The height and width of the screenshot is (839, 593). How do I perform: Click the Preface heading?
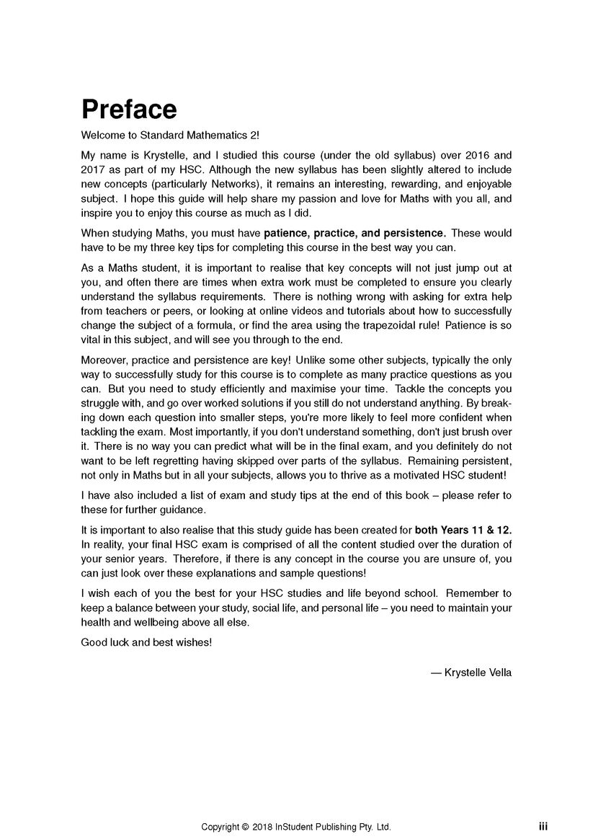click(129, 110)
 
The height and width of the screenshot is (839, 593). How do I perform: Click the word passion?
click(369, 198)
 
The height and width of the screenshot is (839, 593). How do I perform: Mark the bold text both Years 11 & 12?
click(463, 530)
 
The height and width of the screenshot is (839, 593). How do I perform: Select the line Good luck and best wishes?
click(147, 642)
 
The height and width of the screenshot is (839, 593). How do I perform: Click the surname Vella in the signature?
click(499, 673)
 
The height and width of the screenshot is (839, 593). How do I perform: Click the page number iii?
click(543, 826)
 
